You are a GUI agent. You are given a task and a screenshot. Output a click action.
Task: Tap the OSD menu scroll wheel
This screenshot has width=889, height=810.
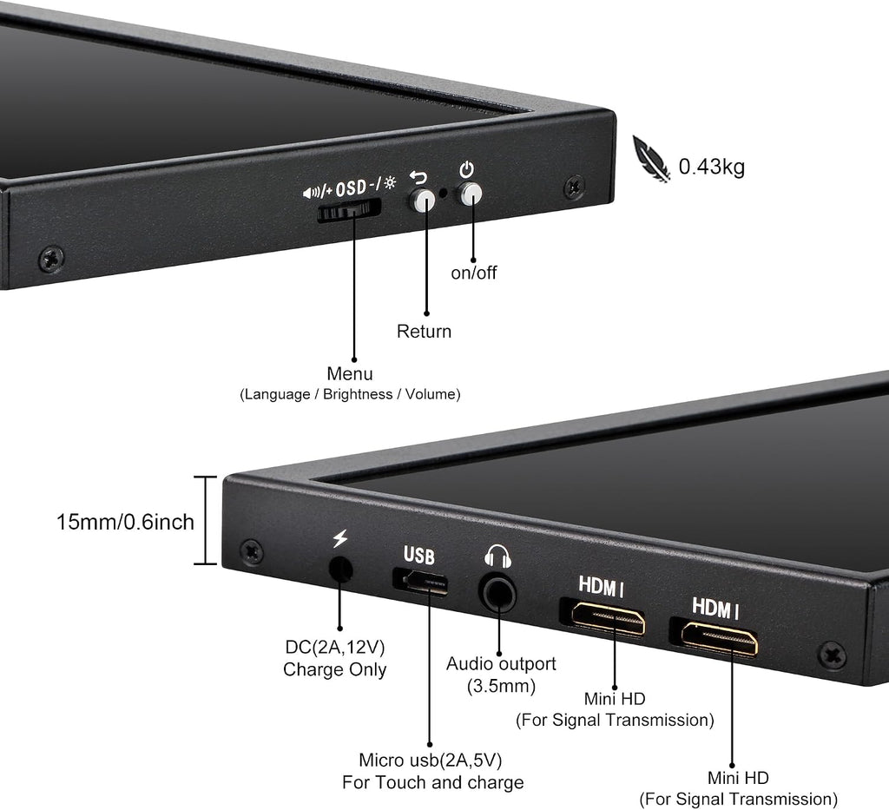pos(349,211)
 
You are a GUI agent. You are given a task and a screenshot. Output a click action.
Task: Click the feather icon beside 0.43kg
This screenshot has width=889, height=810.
pos(651,159)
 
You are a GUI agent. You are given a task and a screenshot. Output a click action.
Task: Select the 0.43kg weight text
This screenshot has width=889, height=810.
pos(712,168)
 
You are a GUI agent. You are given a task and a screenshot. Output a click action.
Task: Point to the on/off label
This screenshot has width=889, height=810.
pos(473,273)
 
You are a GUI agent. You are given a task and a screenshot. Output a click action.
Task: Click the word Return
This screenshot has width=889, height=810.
pos(424,331)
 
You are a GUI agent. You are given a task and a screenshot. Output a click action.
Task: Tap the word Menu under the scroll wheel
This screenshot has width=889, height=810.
pos(350,373)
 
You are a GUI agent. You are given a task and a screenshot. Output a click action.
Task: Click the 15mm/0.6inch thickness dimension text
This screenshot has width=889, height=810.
pos(125,522)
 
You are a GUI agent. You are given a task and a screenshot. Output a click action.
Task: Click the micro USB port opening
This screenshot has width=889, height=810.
pos(419,582)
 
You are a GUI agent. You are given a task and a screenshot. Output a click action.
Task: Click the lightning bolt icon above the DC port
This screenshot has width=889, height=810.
pos(340,538)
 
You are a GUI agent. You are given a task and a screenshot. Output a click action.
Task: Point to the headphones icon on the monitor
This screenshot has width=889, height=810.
pos(497,556)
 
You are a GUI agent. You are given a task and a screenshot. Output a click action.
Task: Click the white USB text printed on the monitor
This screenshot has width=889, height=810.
pos(419,556)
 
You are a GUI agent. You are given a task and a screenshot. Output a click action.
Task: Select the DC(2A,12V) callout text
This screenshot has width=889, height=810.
pos(335,647)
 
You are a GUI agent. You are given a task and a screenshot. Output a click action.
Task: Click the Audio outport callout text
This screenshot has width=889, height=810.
pos(501,664)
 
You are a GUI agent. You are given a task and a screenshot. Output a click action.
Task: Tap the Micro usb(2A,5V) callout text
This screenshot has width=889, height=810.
pos(431,760)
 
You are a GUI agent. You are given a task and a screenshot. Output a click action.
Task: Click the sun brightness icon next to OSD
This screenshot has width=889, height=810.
pos(390,182)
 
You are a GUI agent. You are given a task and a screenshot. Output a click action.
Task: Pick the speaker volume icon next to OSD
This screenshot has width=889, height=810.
pos(311,194)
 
